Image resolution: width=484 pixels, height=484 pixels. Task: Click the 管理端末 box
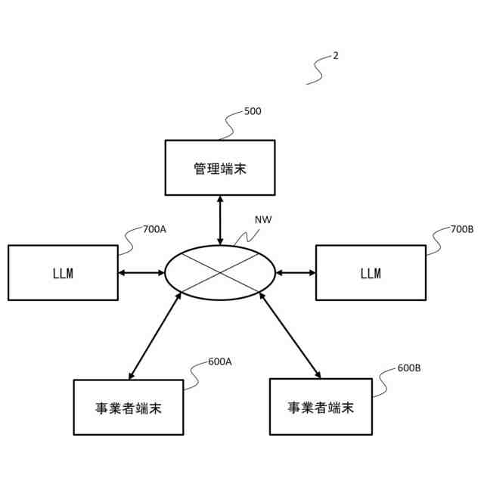[220, 168]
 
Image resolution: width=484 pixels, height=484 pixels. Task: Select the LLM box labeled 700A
[63, 272]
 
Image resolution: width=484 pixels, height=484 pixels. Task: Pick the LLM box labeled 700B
[371, 272]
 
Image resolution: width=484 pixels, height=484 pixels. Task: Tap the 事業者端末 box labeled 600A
[129, 407]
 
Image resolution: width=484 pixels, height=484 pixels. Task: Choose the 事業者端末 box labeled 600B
[321, 407]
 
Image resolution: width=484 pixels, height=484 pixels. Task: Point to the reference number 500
[253, 111]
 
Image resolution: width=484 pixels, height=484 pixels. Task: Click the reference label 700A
[154, 229]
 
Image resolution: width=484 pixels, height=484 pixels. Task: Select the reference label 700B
[461, 229]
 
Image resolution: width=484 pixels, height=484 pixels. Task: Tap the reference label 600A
[219, 361]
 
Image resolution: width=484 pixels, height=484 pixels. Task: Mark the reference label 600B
[408, 368]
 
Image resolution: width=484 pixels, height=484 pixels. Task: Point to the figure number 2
[336, 56]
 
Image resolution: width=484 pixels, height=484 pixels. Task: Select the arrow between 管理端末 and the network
[220, 219]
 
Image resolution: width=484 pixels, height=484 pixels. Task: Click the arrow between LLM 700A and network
[141, 272]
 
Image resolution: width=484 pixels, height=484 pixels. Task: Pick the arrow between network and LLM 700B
[296, 272]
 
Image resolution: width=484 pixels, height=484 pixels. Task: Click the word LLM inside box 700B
[371, 273]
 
